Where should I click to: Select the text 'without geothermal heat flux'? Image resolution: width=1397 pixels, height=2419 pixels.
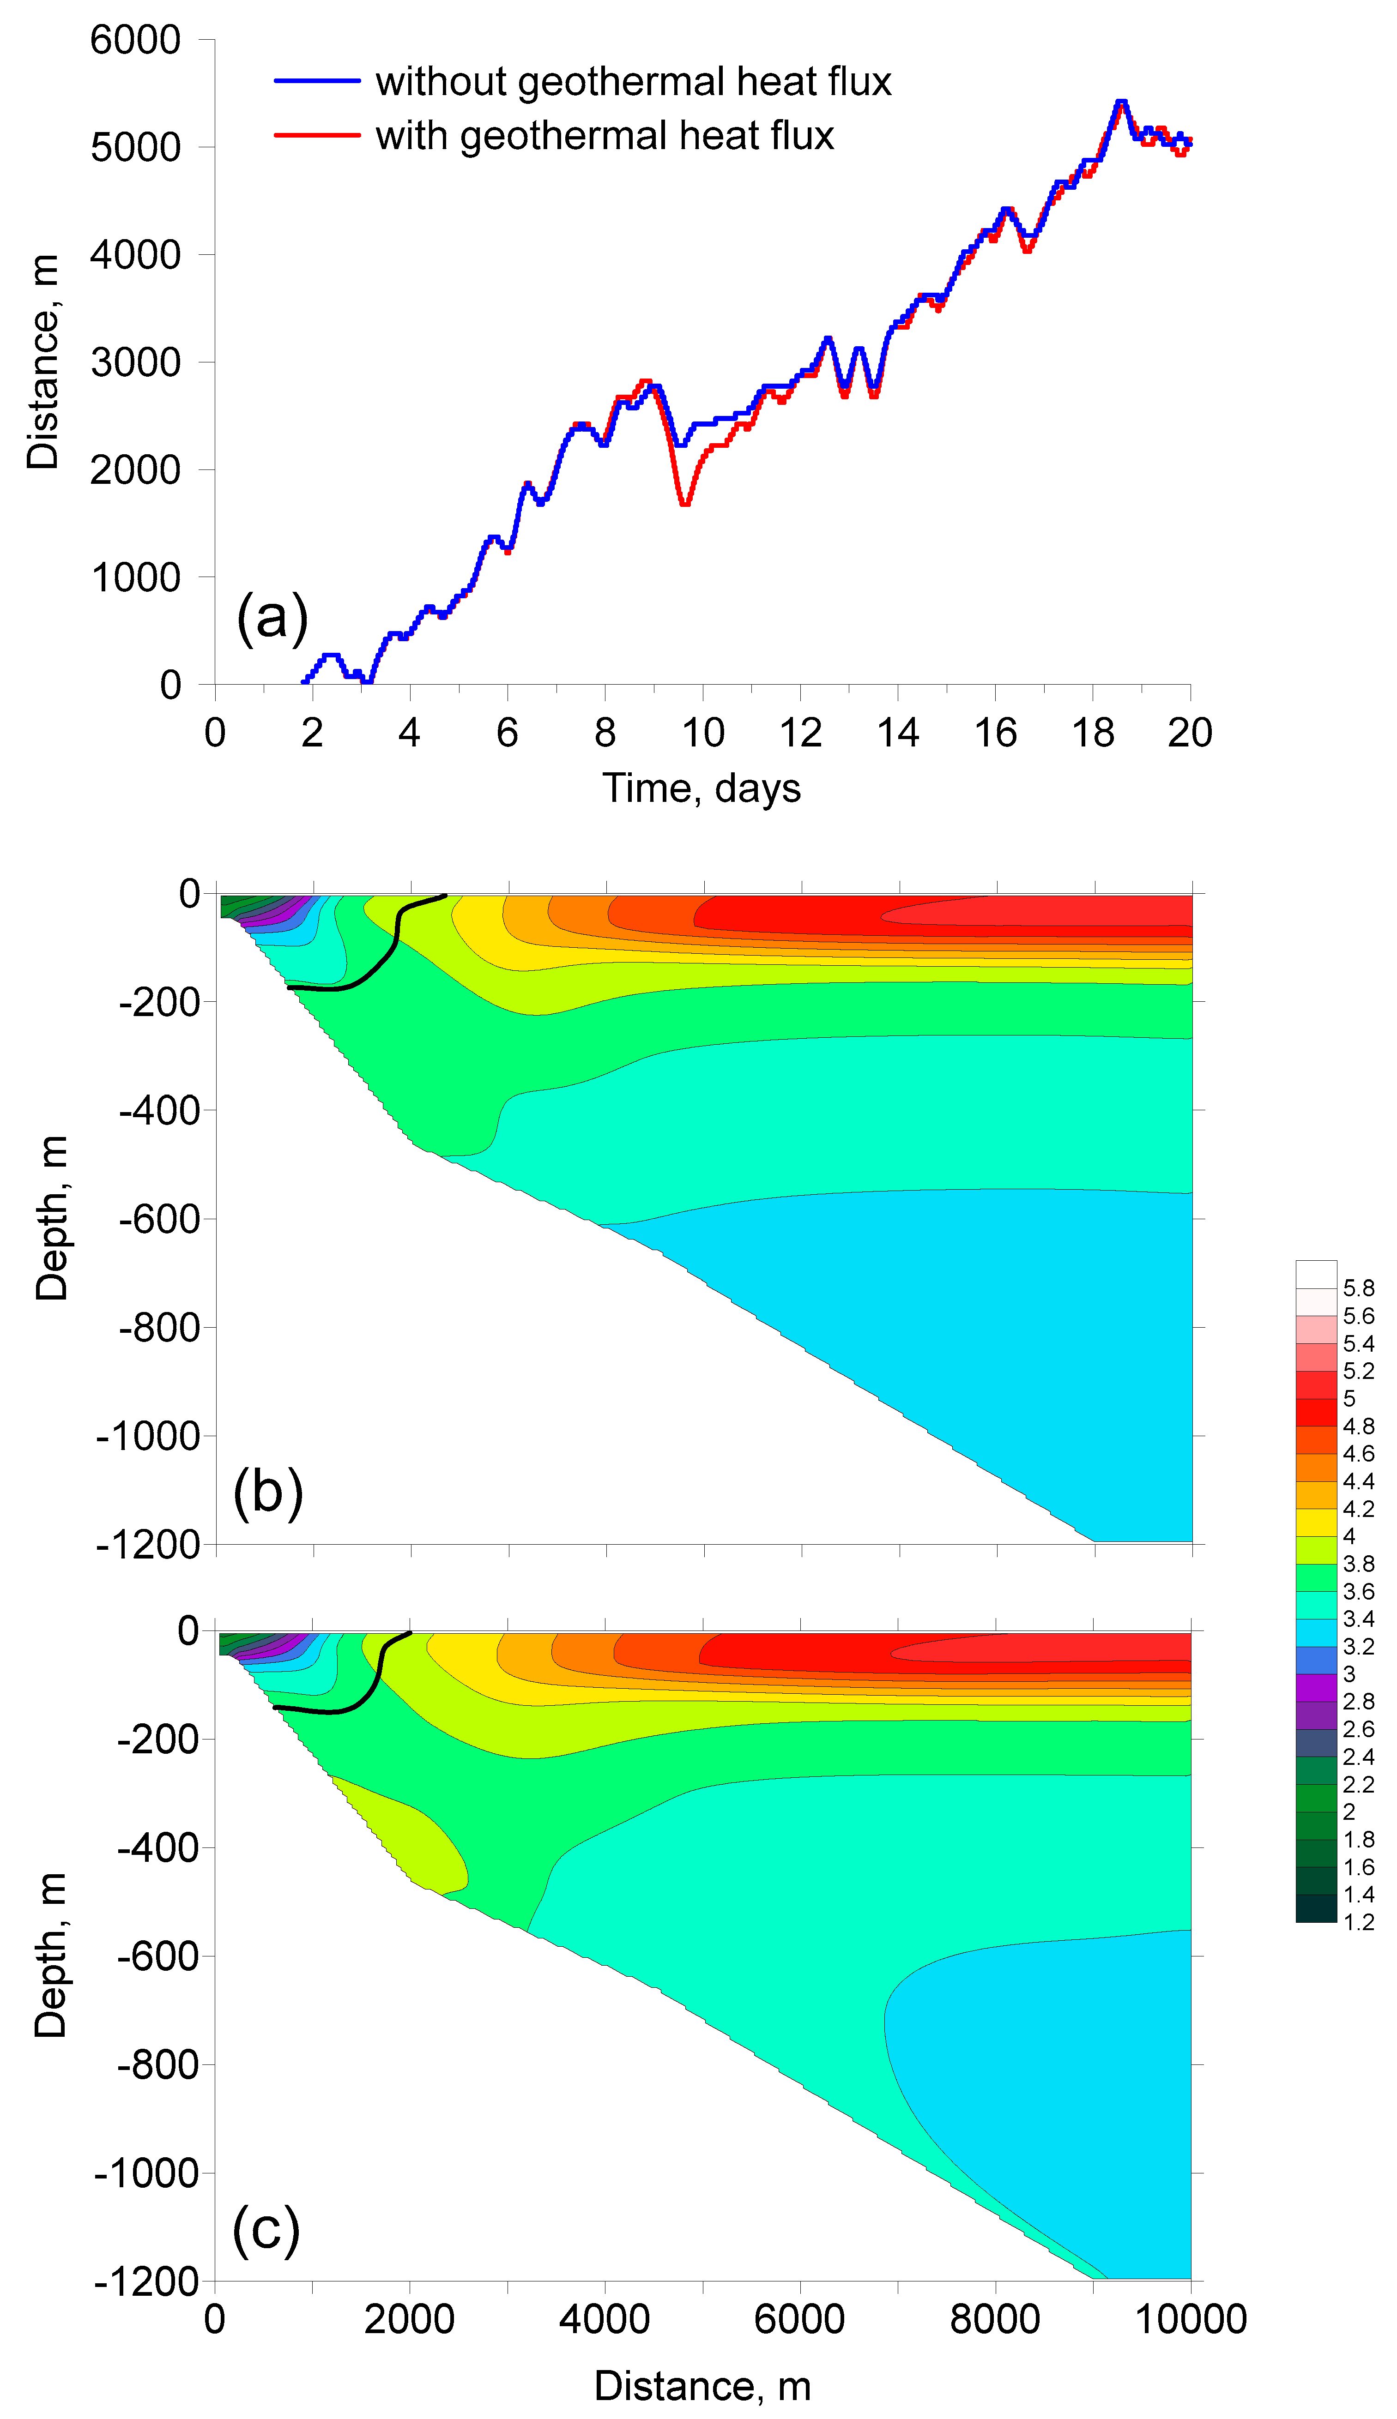633,82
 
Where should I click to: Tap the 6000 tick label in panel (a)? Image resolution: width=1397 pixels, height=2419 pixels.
135,40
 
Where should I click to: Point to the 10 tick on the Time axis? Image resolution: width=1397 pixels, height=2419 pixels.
702,733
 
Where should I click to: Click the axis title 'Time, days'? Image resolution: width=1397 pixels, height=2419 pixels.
702,788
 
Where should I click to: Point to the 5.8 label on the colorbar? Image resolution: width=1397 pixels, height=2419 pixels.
1358,1288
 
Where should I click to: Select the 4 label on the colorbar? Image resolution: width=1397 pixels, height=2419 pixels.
1349,1537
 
